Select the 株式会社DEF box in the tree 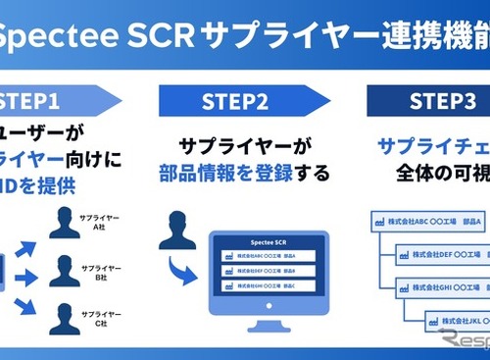pyautogui.click(x=443, y=255)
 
